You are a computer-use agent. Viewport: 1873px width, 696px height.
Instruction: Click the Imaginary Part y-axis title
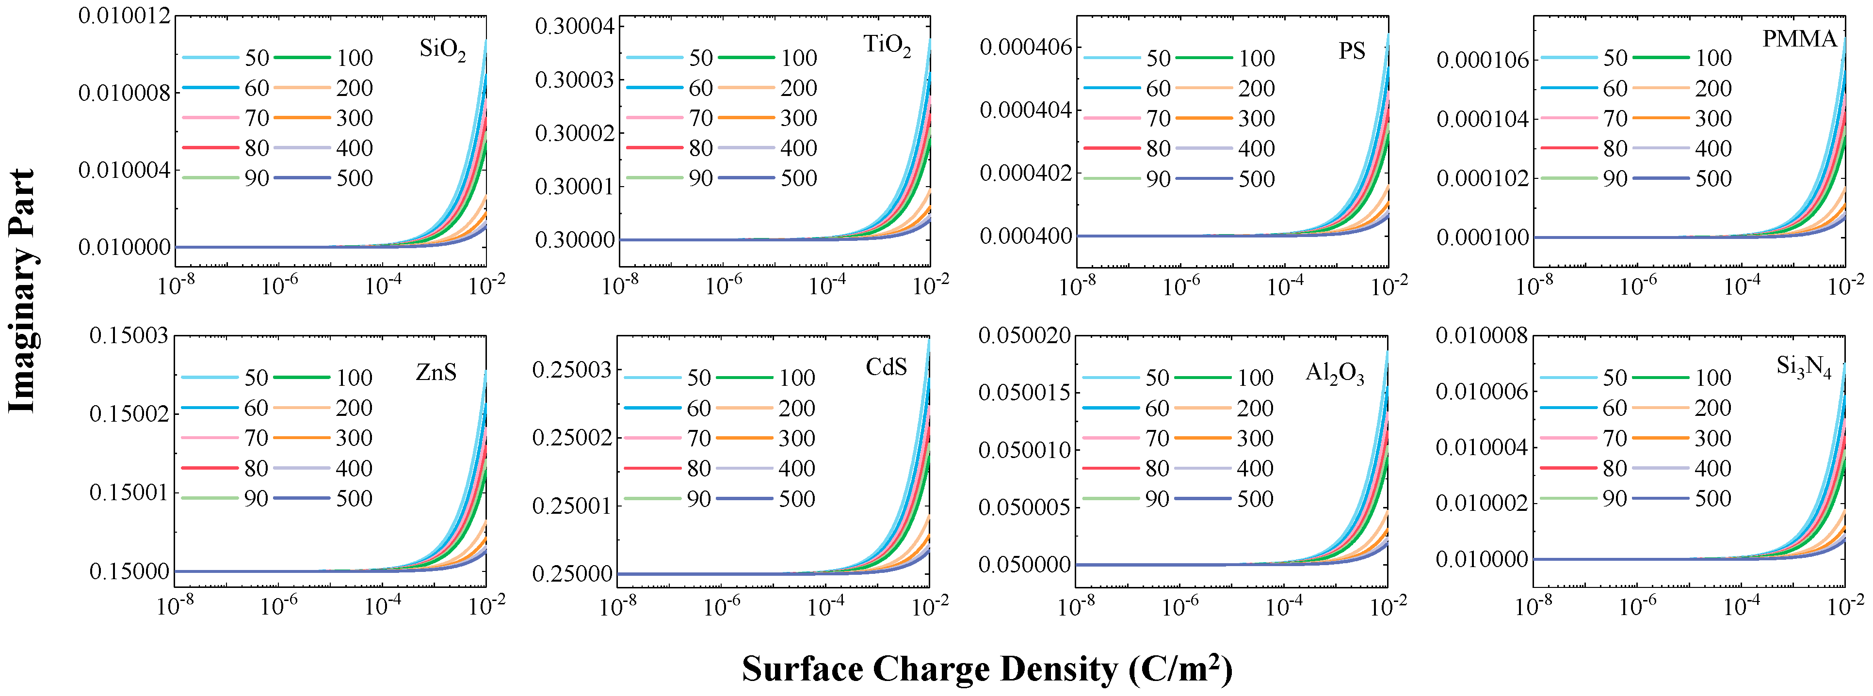[x=22, y=291]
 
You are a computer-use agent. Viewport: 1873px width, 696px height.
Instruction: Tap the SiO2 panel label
[x=442, y=49]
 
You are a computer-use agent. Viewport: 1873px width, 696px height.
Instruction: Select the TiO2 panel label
[x=887, y=45]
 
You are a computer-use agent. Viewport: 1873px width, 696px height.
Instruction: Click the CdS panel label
[x=886, y=367]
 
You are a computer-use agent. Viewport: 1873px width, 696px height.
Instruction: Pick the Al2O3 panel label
[x=1334, y=373]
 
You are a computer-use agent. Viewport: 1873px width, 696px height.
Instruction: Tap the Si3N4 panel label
[x=1803, y=367]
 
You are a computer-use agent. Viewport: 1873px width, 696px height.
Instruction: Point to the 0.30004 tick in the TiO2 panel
[x=574, y=27]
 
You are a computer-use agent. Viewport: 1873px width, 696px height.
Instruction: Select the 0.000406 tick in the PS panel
[x=1025, y=48]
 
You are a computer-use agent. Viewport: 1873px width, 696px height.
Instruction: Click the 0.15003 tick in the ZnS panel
[x=129, y=336]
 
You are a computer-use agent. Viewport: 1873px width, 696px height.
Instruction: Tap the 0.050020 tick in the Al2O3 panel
[x=1024, y=336]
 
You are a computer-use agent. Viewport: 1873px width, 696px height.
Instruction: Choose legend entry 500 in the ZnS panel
[x=354, y=498]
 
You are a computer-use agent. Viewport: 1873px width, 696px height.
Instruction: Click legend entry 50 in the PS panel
[x=1158, y=58]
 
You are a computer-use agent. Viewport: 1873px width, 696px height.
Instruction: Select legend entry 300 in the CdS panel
[x=797, y=438]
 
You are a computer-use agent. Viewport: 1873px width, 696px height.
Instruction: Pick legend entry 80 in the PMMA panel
[x=1615, y=148]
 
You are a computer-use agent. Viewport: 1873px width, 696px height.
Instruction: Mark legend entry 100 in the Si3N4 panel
[x=1713, y=378]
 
